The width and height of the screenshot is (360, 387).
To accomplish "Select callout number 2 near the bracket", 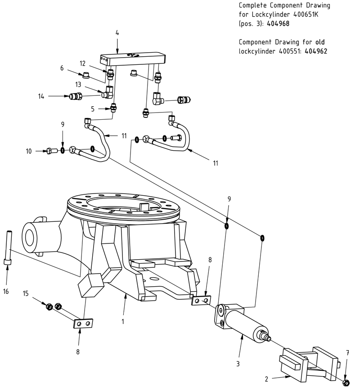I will (267, 379).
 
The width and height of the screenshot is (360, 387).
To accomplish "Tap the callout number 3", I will (238, 363).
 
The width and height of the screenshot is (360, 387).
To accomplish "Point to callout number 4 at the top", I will (117, 33).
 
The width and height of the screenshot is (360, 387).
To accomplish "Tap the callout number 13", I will (78, 84).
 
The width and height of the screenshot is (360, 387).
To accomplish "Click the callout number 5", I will (93, 108).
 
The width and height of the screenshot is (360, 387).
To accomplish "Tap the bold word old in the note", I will (319, 42).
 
